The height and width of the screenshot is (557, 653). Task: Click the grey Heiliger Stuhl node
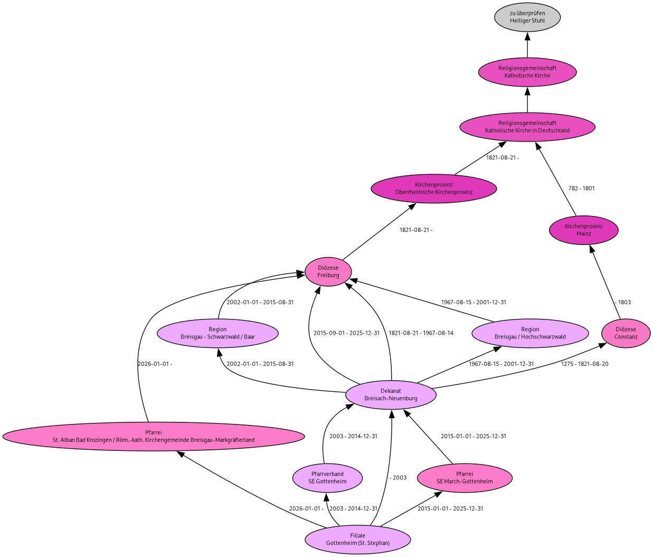click(527, 17)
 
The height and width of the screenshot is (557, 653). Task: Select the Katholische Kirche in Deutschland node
click(527, 127)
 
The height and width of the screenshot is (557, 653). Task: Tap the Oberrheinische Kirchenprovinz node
click(433, 188)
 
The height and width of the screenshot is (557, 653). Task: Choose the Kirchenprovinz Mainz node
click(583, 230)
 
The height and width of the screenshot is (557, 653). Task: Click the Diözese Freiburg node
click(328, 271)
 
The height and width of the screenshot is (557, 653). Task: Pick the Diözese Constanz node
click(626, 333)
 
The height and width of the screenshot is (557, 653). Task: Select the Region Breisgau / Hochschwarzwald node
click(530, 333)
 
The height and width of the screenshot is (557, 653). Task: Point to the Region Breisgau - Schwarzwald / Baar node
click(217, 333)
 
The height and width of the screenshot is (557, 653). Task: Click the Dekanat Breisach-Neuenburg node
click(391, 394)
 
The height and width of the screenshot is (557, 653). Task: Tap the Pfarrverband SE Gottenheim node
click(327, 478)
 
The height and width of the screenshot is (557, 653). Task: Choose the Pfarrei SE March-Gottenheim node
click(465, 478)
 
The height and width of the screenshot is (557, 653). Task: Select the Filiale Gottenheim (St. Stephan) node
click(357, 539)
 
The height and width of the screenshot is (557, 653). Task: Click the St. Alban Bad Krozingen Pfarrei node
click(153, 436)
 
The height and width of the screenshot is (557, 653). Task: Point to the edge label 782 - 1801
click(581, 188)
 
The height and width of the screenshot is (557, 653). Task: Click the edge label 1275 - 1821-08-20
click(584, 364)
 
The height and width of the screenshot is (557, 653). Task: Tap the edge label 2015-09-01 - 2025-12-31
click(346, 333)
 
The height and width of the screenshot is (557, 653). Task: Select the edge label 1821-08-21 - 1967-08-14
click(421, 333)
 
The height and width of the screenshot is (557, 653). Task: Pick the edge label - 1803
click(623, 303)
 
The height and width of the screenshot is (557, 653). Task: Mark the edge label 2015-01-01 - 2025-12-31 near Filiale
click(450, 508)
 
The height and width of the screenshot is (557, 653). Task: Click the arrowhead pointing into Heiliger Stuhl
click(527, 36)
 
